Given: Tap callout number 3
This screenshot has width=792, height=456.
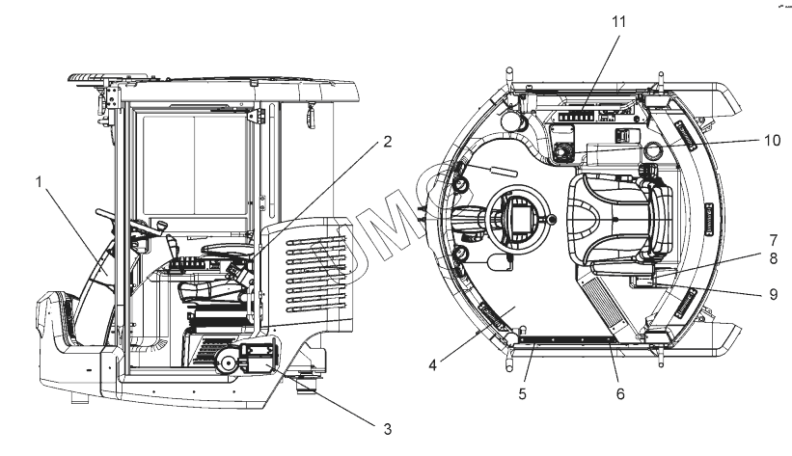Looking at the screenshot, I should [x=362, y=423].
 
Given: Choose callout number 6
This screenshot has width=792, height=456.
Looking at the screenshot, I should [x=621, y=394].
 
